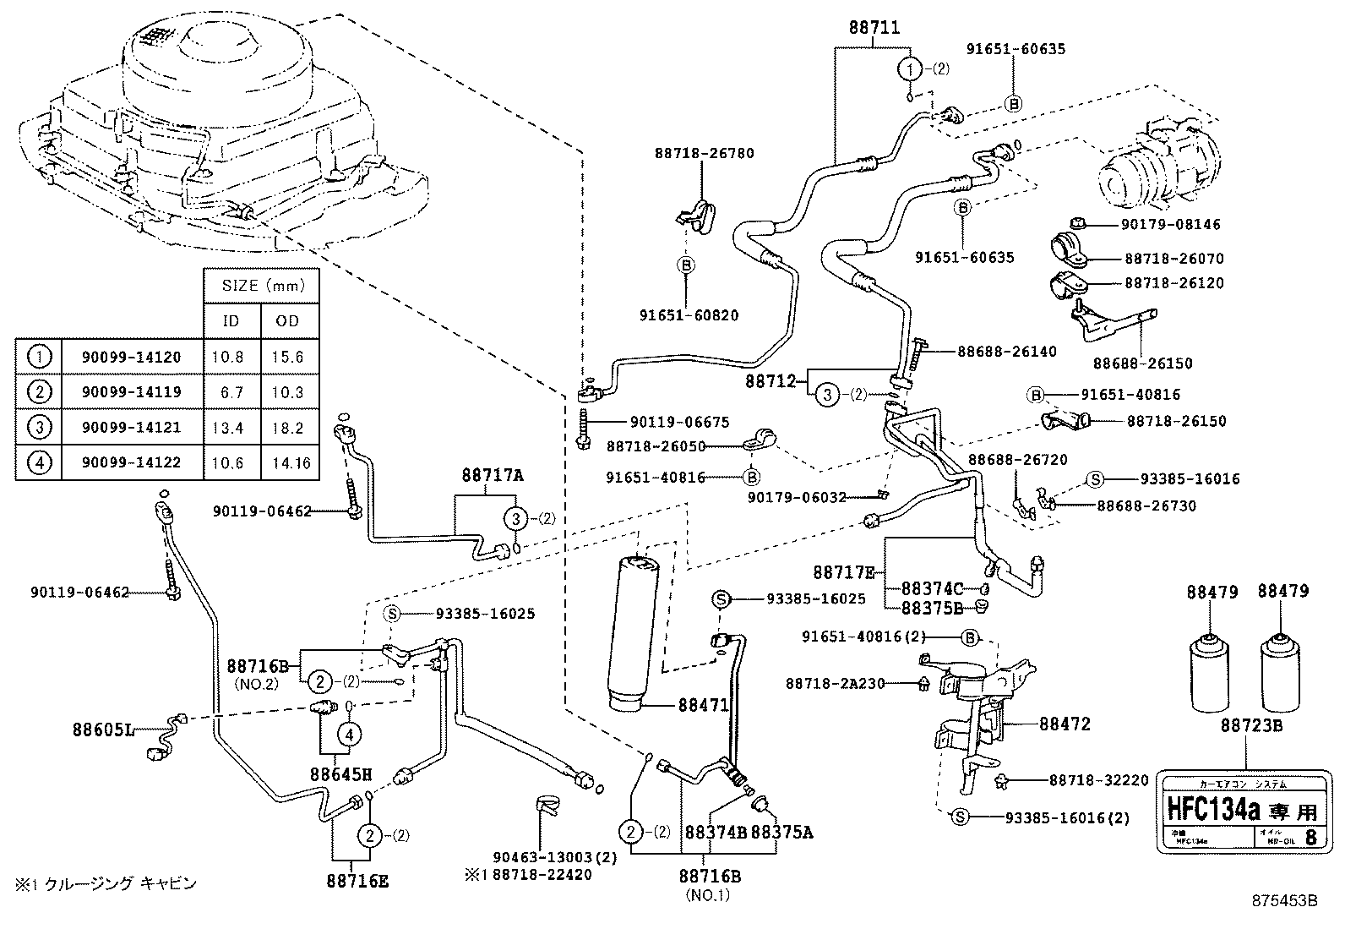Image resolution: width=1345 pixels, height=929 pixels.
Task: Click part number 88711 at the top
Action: click(874, 29)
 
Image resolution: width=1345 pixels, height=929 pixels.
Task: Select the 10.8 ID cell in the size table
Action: click(228, 357)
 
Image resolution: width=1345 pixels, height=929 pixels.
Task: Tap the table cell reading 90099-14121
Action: click(131, 428)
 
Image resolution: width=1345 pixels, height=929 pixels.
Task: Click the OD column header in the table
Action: click(287, 321)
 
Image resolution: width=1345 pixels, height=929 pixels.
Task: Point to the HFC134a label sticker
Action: click(1239, 811)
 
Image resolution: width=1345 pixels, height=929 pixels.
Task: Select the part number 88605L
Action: click(103, 727)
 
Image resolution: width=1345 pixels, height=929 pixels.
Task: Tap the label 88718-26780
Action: click(704, 153)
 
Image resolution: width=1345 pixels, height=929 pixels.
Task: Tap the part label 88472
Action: click(1065, 724)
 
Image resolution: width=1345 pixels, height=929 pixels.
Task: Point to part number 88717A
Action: click(493, 475)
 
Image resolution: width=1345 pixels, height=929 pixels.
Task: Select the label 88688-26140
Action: click(1006, 352)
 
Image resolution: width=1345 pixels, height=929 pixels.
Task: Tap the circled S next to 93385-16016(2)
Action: click(959, 817)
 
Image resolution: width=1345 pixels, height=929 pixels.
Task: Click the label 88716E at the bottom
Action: click(357, 881)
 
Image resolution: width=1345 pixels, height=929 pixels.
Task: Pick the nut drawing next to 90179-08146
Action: click(1076, 223)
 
